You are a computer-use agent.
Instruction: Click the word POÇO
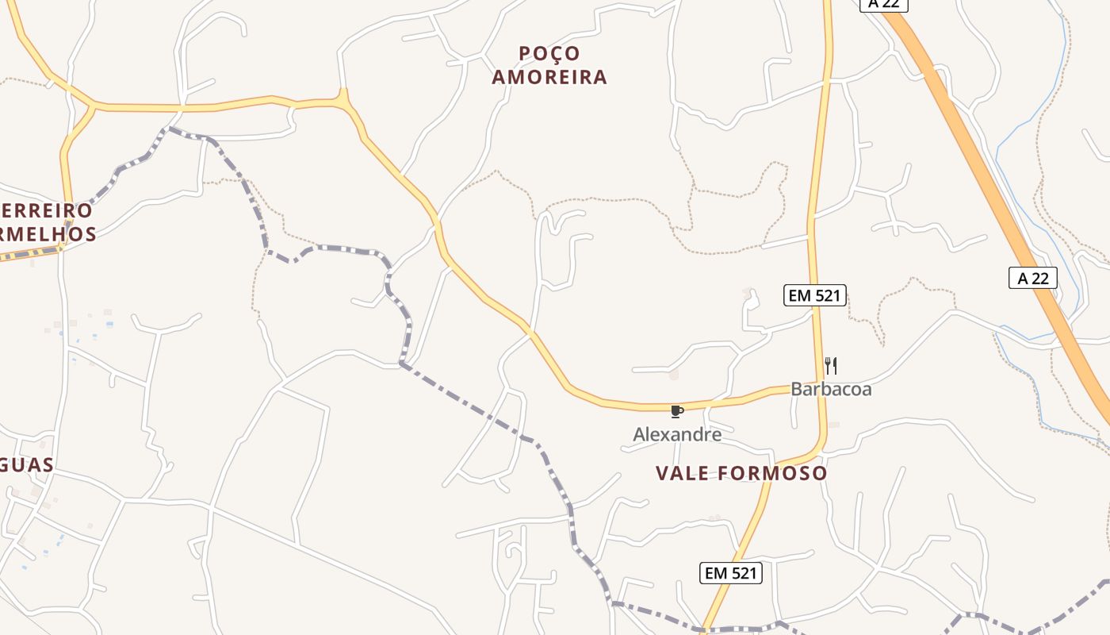coord(549,53)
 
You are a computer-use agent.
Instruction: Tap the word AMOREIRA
coord(549,77)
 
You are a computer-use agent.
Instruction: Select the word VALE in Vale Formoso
coord(683,474)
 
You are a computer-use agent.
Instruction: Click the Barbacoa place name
coord(831,389)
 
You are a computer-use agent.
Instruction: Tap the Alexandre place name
coord(677,434)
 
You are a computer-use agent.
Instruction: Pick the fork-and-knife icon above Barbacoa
coord(831,366)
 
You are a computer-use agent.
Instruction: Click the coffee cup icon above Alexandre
coord(676,411)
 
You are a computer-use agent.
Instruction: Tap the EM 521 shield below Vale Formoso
coord(731,573)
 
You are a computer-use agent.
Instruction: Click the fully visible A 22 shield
coord(1033,278)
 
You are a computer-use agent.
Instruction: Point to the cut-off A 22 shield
coord(883,4)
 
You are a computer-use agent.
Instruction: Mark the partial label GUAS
coord(26,465)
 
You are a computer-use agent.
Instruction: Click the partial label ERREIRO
coord(46,211)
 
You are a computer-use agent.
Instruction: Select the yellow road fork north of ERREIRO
coord(94,106)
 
